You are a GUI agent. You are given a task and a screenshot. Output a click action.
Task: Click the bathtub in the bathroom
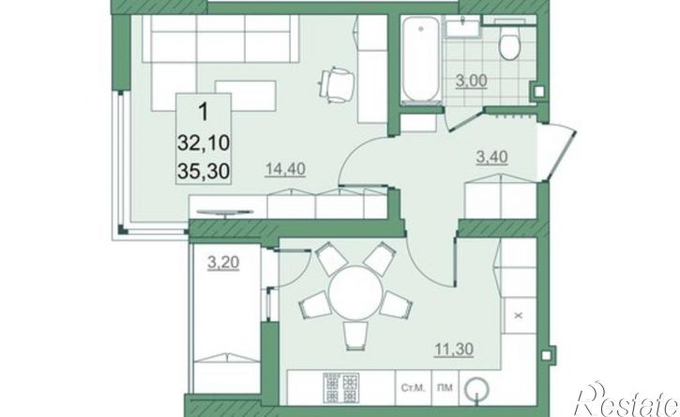tap(421, 60)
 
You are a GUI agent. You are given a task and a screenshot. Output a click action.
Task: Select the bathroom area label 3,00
tap(472, 81)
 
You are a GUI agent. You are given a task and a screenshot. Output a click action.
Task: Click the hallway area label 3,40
tap(491, 157)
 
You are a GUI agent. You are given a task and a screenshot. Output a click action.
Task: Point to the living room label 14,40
tap(285, 168)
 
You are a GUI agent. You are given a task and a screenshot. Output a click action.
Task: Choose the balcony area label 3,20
tap(223, 262)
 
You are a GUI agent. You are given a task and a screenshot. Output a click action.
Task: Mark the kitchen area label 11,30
tap(454, 348)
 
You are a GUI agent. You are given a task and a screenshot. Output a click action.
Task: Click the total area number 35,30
tap(204, 172)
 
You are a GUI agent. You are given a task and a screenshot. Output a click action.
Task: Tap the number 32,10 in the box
tap(204, 143)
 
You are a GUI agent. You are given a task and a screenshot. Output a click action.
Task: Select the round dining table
tap(355, 292)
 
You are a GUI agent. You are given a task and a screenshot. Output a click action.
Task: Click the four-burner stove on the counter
tap(340, 388)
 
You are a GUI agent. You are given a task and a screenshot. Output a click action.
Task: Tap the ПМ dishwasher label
tap(446, 388)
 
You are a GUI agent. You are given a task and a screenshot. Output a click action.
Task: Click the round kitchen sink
tap(476, 388)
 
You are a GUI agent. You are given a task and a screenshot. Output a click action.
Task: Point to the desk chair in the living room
tap(338, 85)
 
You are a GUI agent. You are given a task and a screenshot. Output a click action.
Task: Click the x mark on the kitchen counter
tap(518, 316)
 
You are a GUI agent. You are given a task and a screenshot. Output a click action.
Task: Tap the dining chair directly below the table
tap(355, 336)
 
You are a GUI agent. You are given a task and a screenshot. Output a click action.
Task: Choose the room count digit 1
tap(203, 112)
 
